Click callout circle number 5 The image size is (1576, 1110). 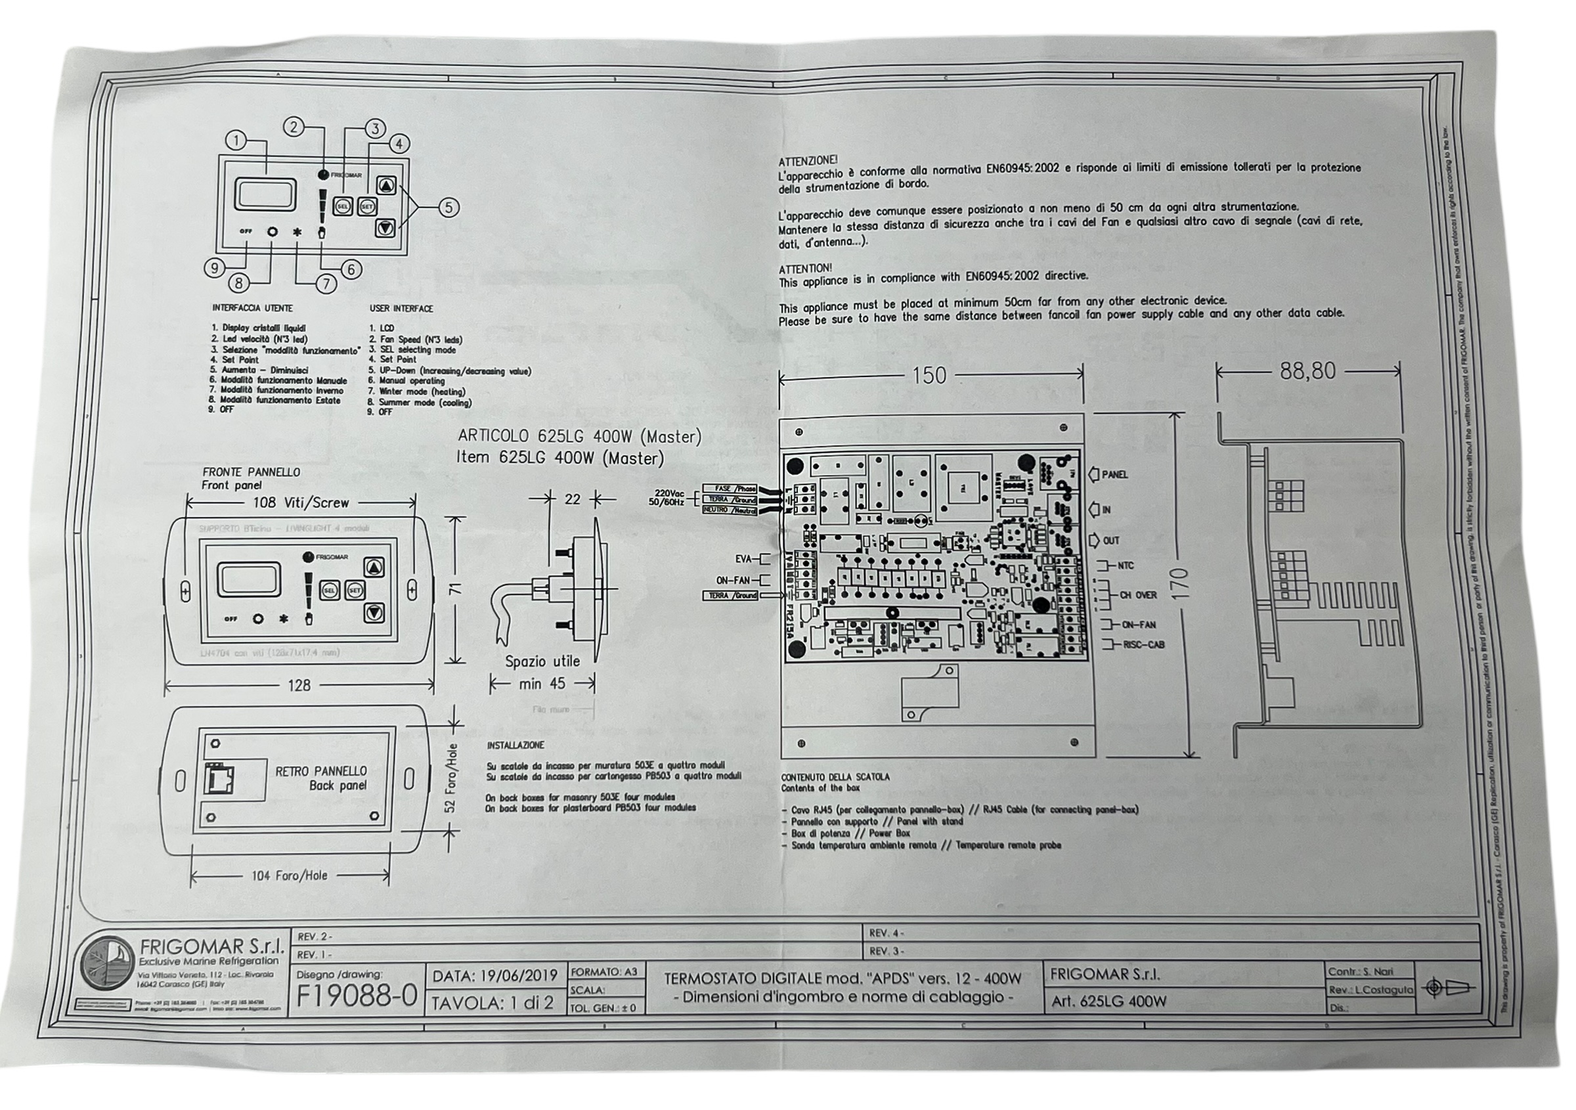(x=449, y=208)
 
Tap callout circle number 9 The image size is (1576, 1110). (x=214, y=268)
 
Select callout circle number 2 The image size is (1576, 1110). (x=294, y=127)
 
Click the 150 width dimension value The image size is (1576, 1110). (x=929, y=376)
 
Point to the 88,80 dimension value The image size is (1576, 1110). (x=1307, y=371)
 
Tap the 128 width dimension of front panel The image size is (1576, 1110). (x=299, y=685)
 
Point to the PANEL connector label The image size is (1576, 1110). (x=1115, y=474)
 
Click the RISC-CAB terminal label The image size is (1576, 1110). (x=1143, y=644)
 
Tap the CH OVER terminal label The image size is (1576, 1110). (x=1138, y=595)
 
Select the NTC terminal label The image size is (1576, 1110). (x=1126, y=566)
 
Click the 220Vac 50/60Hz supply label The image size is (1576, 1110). (x=667, y=498)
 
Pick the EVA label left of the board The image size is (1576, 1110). (x=743, y=560)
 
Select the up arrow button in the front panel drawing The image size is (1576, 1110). (x=374, y=567)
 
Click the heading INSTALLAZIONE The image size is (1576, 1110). (x=515, y=745)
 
